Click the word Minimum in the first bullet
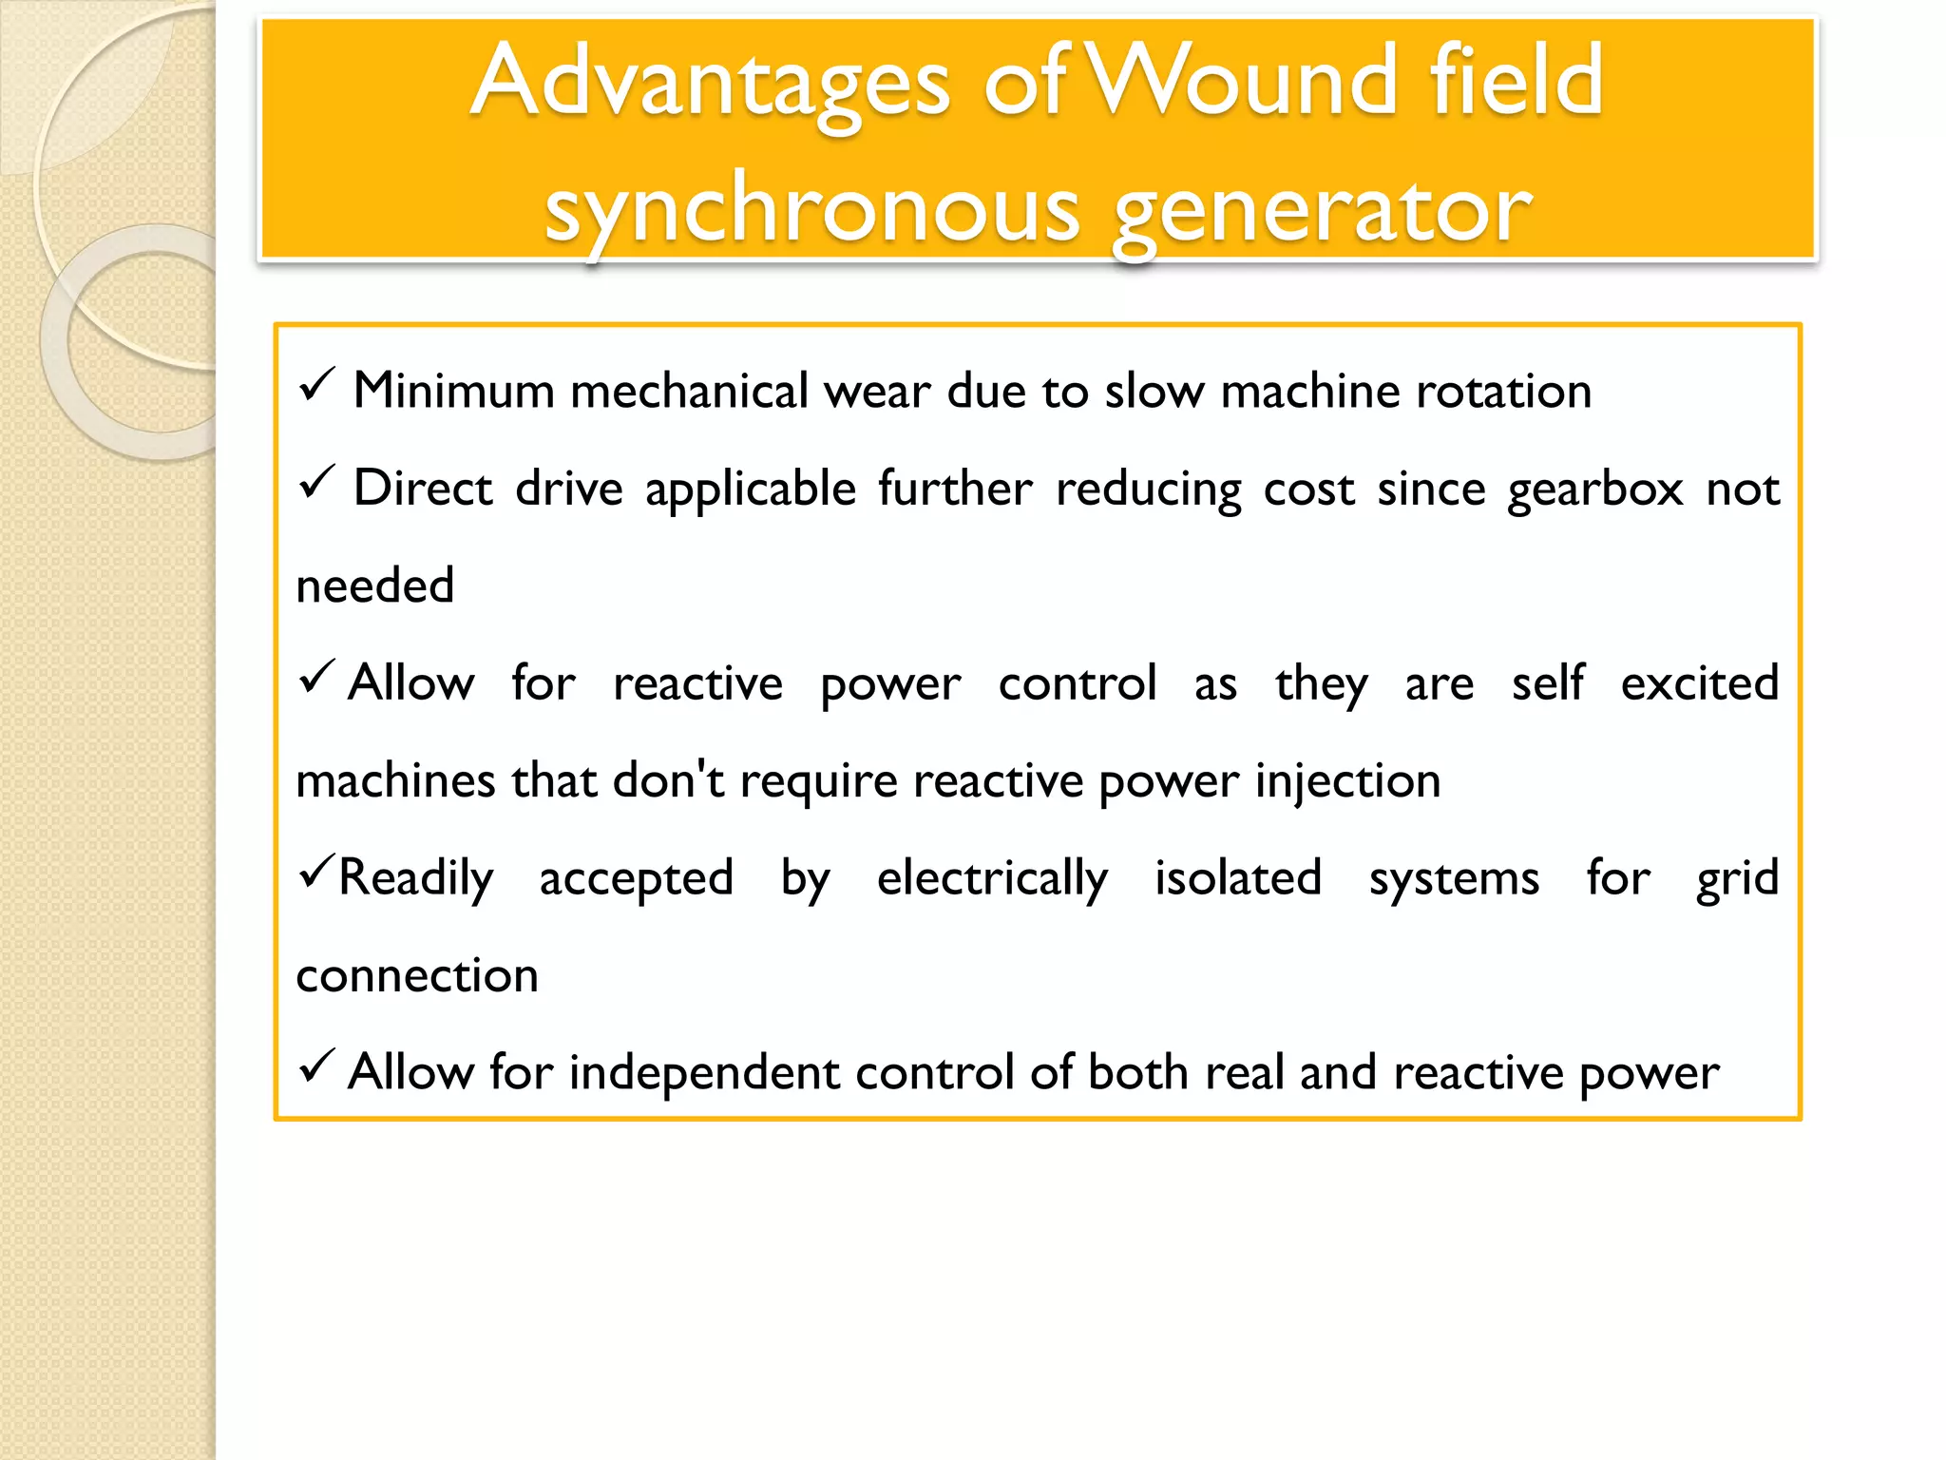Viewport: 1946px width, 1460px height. coord(453,392)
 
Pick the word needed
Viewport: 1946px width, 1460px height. coord(375,586)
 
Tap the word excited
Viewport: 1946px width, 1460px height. coord(1699,683)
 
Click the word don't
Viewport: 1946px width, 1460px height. coord(668,780)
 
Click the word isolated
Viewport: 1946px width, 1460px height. coord(1238,877)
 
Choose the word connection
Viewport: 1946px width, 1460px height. coord(417,976)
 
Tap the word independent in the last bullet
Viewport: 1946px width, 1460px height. coord(704,1074)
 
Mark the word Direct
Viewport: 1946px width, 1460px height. coord(422,489)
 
